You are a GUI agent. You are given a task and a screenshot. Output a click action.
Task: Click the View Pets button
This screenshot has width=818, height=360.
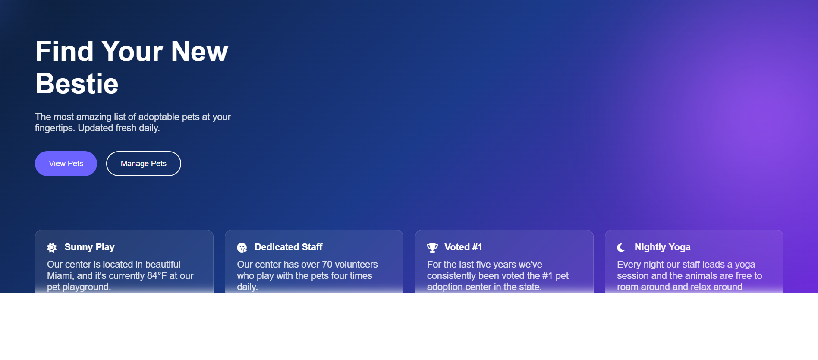(66, 164)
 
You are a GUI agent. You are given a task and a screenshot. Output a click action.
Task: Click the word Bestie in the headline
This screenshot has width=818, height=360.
(77, 83)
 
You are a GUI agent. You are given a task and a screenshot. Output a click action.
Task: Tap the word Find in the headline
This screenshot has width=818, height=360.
(64, 51)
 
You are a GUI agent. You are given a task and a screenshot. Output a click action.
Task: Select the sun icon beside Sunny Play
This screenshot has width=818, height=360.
(52, 247)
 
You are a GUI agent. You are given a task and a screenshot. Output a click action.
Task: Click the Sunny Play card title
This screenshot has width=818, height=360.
(89, 247)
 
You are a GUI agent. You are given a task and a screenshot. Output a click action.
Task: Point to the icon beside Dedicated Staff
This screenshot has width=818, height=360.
(242, 247)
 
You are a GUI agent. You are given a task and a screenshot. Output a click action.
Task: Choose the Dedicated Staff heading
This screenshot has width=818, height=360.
(288, 247)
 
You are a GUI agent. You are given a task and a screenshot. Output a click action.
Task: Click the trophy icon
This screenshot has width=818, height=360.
(432, 247)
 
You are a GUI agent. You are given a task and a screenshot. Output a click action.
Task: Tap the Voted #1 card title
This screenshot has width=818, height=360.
(463, 247)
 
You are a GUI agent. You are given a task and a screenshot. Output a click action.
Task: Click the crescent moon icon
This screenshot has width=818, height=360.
(621, 247)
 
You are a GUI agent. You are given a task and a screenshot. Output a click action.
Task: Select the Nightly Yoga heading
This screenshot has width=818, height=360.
(662, 247)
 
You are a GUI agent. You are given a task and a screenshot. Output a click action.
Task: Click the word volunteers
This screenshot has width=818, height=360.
(356, 264)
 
